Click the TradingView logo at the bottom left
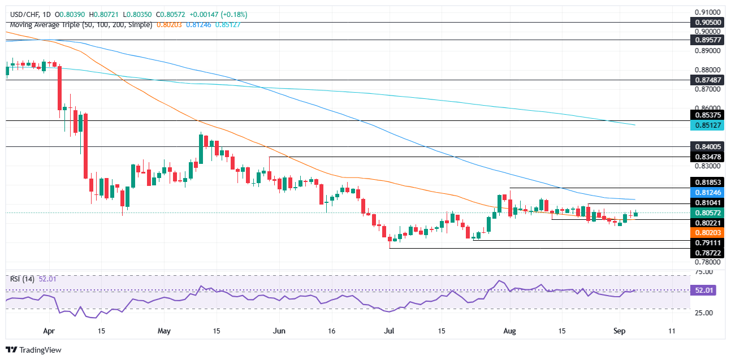33,350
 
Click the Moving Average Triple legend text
79,25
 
